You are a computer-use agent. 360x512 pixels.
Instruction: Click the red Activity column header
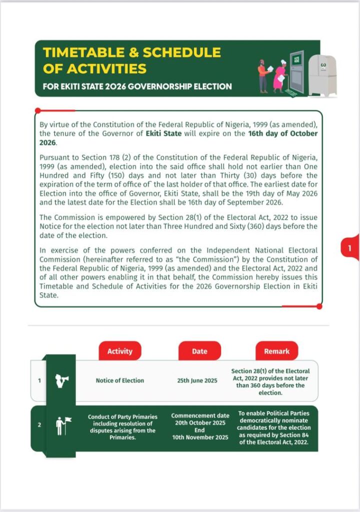coord(120,351)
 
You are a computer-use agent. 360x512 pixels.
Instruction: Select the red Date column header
coord(199,351)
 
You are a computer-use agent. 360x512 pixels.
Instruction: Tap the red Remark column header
coord(276,351)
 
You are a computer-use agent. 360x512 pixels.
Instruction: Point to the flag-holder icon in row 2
coord(62,426)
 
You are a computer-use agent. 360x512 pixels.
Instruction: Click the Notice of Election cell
coord(119,380)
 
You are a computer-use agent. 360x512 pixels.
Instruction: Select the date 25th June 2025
coord(197,380)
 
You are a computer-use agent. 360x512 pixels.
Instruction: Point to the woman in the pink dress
coord(279,76)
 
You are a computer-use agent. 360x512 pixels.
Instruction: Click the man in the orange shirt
coord(263,76)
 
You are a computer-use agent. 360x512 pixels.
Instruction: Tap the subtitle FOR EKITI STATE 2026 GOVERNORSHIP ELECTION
coord(137,86)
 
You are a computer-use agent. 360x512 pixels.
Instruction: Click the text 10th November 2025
coord(199,437)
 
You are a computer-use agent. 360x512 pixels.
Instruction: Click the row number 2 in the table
coord(39,425)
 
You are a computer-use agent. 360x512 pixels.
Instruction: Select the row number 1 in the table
coord(39,380)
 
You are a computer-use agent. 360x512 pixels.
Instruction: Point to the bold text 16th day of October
coord(283,133)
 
